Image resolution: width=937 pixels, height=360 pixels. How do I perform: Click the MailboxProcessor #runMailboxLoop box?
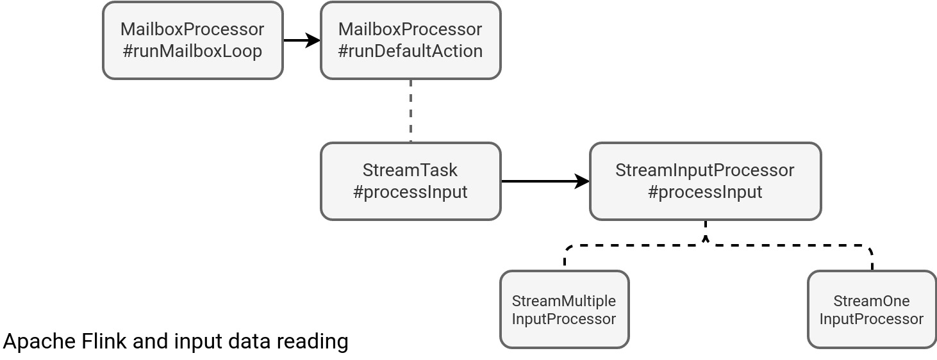[193, 40]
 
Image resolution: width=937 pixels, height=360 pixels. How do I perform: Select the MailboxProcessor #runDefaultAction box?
[411, 40]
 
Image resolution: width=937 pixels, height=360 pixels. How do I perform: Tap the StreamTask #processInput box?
[411, 181]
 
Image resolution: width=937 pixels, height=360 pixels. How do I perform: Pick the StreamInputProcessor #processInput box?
[705, 181]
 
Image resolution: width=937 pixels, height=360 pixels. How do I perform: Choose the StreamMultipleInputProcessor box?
[564, 309]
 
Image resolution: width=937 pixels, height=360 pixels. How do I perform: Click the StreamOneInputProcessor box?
[872, 309]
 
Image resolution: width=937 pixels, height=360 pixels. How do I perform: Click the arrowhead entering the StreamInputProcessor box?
[582, 181]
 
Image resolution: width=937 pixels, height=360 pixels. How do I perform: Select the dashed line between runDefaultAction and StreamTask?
[411, 111]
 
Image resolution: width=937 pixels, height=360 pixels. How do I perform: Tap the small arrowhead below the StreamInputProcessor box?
[706, 239]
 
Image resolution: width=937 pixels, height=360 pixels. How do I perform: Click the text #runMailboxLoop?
[192, 51]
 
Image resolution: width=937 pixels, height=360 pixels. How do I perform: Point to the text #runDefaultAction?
[410, 51]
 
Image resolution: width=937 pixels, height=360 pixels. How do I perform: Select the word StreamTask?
[410, 170]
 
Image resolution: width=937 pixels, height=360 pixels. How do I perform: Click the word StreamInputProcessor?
[705, 170]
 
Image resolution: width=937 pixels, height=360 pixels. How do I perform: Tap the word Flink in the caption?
[104, 341]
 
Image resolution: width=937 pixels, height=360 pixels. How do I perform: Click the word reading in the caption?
[312, 342]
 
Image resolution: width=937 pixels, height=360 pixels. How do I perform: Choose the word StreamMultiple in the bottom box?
[564, 302]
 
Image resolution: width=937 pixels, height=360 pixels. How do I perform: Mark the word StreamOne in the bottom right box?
[872, 301]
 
